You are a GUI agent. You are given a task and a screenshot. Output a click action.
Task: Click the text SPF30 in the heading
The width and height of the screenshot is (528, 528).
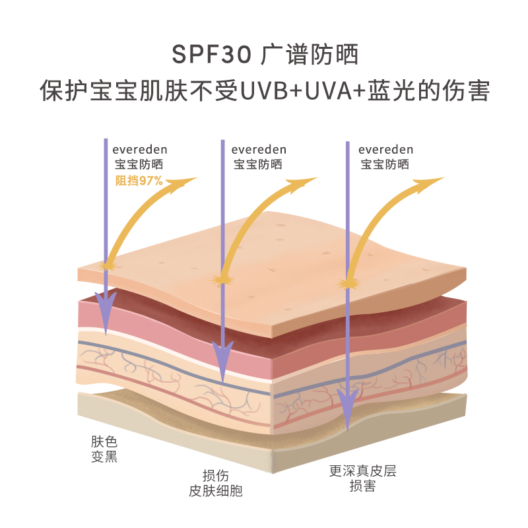[211, 55]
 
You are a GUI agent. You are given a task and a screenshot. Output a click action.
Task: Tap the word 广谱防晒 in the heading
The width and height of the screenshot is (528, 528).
[309, 55]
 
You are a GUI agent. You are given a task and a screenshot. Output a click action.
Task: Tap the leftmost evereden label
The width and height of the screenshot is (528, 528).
[139, 150]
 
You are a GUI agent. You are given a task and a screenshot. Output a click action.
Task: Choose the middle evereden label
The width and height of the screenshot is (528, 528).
[259, 150]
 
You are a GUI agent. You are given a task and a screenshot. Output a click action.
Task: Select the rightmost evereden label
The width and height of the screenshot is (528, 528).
[386, 150]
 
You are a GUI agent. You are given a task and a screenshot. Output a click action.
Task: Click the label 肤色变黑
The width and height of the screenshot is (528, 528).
[104, 449]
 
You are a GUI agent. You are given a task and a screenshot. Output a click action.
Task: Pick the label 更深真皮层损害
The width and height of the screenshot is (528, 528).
[363, 478]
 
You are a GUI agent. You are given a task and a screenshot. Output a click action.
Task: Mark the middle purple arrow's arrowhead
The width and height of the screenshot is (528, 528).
[223, 360]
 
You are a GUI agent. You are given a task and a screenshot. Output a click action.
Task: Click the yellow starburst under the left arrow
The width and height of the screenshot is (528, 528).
[106, 265]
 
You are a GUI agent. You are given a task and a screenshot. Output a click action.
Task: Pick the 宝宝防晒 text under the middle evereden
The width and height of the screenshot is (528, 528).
[259, 164]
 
